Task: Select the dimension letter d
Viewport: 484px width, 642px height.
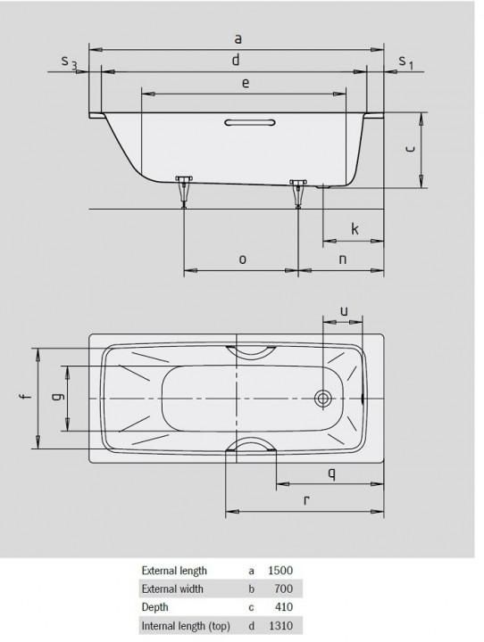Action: click(x=235, y=60)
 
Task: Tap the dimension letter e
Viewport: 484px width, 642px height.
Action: click(x=245, y=83)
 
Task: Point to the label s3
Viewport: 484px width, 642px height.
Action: click(x=69, y=62)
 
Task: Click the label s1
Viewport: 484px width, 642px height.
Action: click(x=405, y=62)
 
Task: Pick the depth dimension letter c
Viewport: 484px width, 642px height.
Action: click(x=408, y=150)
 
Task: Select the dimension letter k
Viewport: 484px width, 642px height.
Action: click(x=355, y=229)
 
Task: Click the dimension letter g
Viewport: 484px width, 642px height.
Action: click(x=55, y=398)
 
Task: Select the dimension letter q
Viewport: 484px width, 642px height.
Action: click(x=330, y=473)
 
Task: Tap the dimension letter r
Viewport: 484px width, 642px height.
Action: click(x=306, y=500)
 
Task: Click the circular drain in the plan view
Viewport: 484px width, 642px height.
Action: click(x=323, y=398)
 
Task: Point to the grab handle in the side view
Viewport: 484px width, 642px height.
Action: click(x=251, y=123)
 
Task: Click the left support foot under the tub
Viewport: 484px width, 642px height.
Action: click(x=185, y=189)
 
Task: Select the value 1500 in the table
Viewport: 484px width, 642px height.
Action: click(x=280, y=570)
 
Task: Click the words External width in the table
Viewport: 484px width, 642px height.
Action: click(x=172, y=588)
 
